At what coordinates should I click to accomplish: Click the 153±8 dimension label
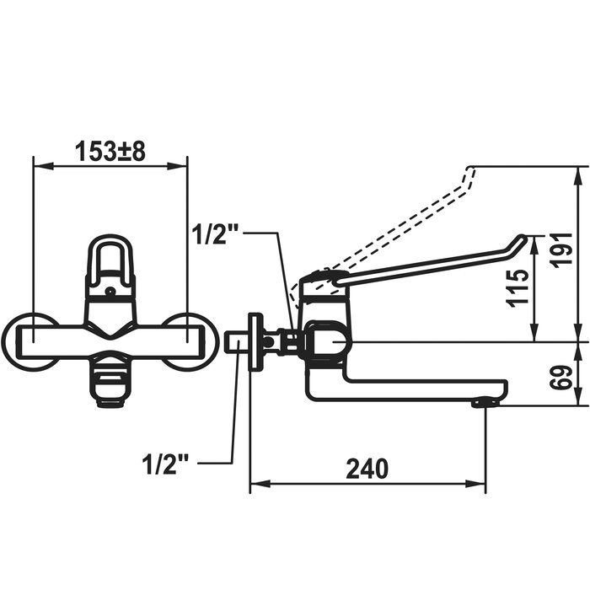(x=110, y=152)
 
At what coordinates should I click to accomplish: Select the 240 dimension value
(x=367, y=469)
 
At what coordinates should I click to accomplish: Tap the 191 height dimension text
(x=562, y=250)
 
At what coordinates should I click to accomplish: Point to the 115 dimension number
(x=518, y=288)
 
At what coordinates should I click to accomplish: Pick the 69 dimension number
(x=562, y=378)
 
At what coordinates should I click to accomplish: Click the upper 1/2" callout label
(x=216, y=234)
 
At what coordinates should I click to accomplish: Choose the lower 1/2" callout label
(x=165, y=464)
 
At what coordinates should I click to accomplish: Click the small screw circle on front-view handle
(x=110, y=291)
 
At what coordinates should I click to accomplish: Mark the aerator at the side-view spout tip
(x=485, y=403)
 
